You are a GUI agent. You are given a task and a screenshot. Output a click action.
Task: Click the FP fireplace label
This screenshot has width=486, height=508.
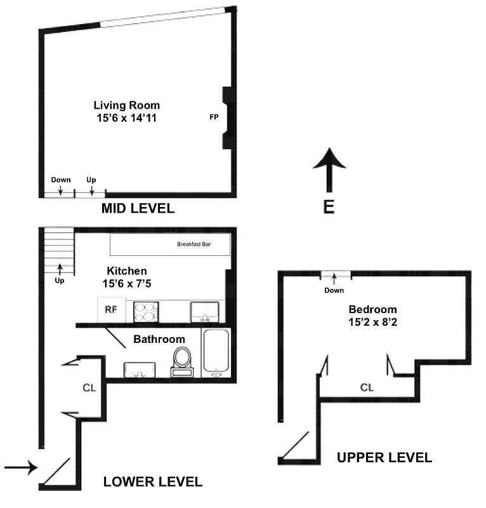pyautogui.click(x=214, y=117)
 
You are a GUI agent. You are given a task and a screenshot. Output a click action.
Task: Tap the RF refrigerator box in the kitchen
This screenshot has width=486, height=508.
pyautogui.click(x=110, y=310)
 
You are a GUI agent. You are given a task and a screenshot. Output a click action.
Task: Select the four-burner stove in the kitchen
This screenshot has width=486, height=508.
pyautogui.click(x=146, y=311)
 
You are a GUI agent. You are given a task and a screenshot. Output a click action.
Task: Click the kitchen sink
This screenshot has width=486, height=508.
pyautogui.click(x=205, y=311)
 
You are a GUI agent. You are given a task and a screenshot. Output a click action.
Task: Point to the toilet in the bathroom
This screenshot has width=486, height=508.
pyautogui.click(x=182, y=361)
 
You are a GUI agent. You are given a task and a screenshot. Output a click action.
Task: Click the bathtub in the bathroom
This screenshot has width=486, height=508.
pyautogui.click(x=217, y=353)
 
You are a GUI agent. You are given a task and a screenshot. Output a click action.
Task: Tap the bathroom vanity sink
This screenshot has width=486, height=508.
pyautogui.click(x=140, y=370)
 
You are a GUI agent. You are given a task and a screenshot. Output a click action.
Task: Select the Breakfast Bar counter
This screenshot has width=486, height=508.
pyautogui.click(x=169, y=244)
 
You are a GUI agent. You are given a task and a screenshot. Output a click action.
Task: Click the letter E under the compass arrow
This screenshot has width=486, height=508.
pyautogui.click(x=329, y=208)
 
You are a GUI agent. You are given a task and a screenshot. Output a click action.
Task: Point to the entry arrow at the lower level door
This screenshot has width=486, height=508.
pyautogui.click(x=20, y=469)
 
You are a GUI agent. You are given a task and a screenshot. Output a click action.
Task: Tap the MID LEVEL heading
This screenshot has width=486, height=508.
pyautogui.click(x=138, y=209)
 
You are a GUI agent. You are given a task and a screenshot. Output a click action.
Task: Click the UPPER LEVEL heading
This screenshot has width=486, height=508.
pyautogui.click(x=384, y=457)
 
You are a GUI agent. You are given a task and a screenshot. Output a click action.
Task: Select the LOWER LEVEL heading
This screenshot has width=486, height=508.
pyautogui.click(x=153, y=482)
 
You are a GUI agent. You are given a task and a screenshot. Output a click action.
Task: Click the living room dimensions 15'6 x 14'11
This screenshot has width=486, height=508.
pyautogui.click(x=127, y=117)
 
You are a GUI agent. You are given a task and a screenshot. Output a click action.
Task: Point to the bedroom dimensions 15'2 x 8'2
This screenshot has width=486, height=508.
pyautogui.click(x=373, y=321)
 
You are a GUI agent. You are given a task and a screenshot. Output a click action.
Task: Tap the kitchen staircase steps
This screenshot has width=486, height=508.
pyautogui.click(x=59, y=251)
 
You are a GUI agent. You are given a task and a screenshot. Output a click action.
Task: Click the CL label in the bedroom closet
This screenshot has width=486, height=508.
pyautogui.click(x=367, y=387)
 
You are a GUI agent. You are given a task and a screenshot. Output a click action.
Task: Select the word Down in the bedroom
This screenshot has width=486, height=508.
pyautogui.click(x=334, y=290)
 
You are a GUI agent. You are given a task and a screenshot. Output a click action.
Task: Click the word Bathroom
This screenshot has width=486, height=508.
pyautogui.click(x=159, y=339)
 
